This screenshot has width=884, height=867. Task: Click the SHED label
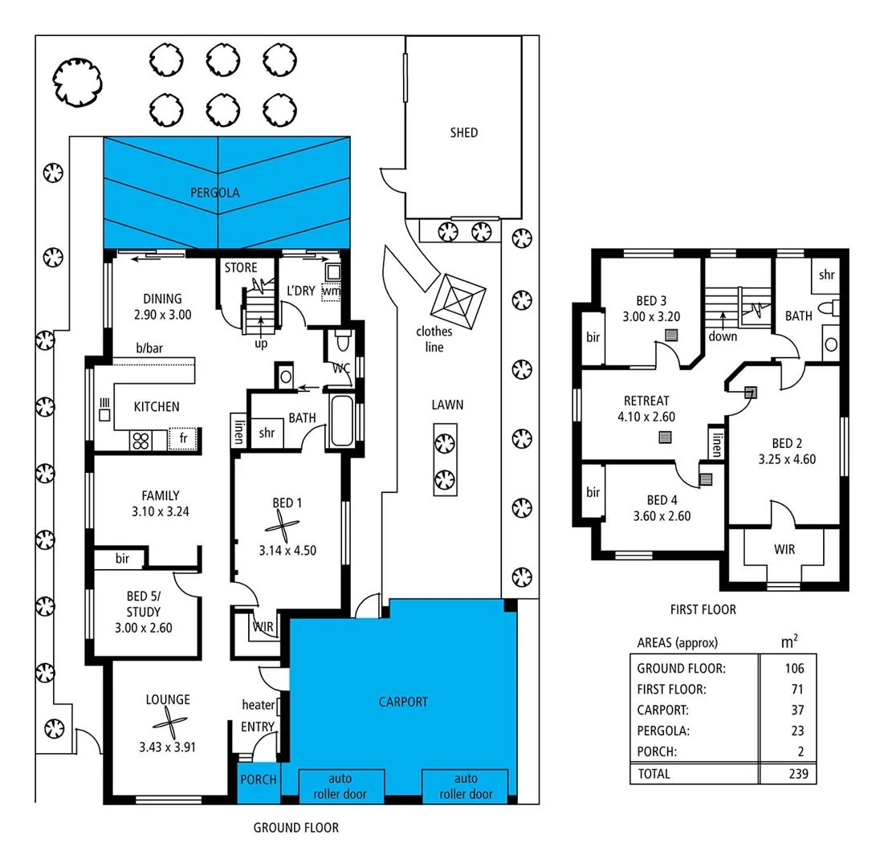pyautogui.click(x=463, y=132)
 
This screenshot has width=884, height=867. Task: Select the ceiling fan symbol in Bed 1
pyautogui.click(x=282, y=530)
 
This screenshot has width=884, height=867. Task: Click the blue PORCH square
pyautogui.click(x=259, y=779)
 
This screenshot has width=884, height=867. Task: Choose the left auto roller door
pyautogui.click(x=340, y=786)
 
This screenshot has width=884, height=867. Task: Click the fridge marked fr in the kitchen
pyautogui.click(x=183, y=439)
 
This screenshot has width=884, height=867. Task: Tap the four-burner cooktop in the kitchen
pyautogui.click(x=141, y=440)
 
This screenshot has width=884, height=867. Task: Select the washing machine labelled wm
pyautogui.click(x=331, y=291)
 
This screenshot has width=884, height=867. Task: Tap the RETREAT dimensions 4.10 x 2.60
pyautogui.click(x=646, y=417)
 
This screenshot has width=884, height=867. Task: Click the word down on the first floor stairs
pyautogui.click(x=723, y=336)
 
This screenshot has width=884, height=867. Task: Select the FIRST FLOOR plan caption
pyautogui.click(x=703, y=610)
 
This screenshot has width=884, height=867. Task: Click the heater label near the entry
pyautogui.click(x=258, y=705)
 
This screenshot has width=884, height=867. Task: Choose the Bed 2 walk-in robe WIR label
pyautogui.click(x=784, y=550)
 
